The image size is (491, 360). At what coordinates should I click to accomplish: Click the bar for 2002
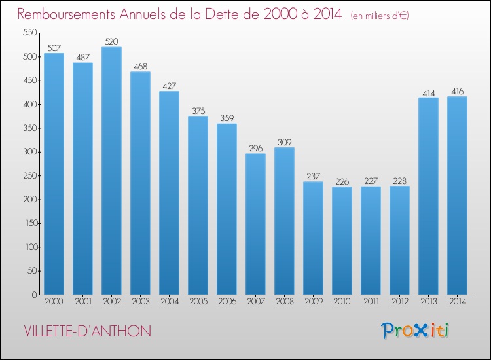pyautogui.click(x=111, y=171)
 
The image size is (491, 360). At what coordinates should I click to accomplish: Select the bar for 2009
pyautogui.click(x=313, y=238)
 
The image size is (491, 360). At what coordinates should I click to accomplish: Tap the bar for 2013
pyautogui.click(x=428, y=196)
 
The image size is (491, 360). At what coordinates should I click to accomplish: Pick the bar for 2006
pyautogui.click(x=227, y=209)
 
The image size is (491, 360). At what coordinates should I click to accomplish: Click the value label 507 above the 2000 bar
pyautogui.click(x=54, y=48)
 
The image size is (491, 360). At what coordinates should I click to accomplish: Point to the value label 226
pyautogui.click(x=342, y=181)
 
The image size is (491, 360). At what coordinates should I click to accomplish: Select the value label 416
pyautogui.click(x=457, y=92)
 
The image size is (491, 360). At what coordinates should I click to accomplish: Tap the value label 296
pyautogui.click(x=255, y=148)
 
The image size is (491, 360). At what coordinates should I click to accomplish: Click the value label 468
pyautogui.click(x=140, y=66)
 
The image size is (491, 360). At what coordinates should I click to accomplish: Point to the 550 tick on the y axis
pyautogui.click(x=30, y=33)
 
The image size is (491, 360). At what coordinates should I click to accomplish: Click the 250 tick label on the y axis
pyautogui.click(x=30, y=175)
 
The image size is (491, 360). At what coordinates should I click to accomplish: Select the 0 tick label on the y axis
pyautogui.click(x=35, y=295)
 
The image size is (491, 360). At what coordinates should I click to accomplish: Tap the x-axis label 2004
pyautogui.click(x=169, y=301)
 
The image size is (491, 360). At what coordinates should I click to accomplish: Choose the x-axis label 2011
pyautogui.click(x=371, y=301)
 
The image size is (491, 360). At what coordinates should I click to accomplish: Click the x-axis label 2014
pyautogui.click(x=457, y=301)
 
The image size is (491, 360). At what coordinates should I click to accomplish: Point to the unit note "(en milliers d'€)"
pyautogui.click(x=380, y=16)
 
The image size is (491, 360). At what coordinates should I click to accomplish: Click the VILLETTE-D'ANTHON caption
pyautogui.click(x=87, y=331)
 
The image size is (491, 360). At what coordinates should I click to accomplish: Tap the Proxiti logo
pyautogui.click(x=415, y=331)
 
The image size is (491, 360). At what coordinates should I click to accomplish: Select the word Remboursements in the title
pyautogui.click(x=66, y=14)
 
